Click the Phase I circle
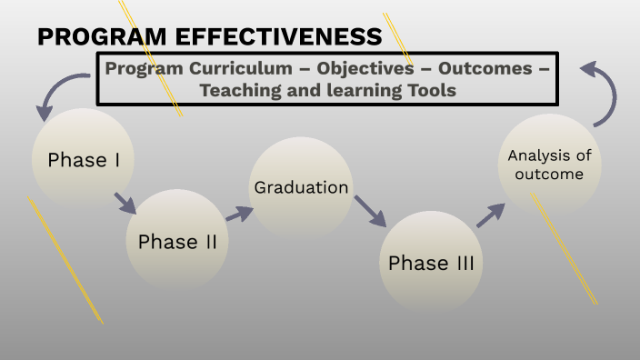click(84, 161)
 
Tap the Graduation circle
click(301, 188)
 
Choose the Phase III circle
click(431, 263)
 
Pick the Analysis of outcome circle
click(549, 165)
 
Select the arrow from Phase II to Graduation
click(239, 214)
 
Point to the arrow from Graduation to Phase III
click(370, 211)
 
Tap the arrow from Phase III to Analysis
click(490, 215)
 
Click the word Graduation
click(301, 188)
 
